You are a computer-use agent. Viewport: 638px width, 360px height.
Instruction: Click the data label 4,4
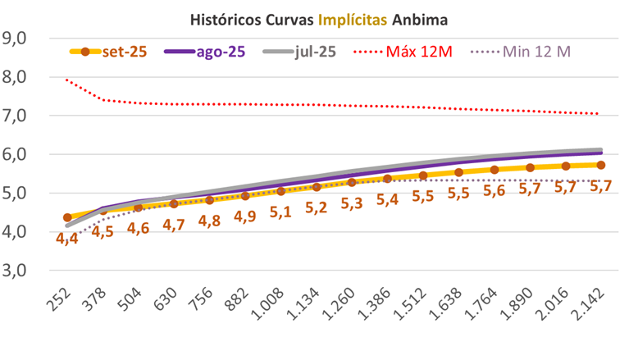coord(67,239)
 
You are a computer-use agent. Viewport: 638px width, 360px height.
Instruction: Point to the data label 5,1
coord(281,212)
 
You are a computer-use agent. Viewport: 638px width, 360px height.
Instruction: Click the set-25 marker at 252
coord(67,217)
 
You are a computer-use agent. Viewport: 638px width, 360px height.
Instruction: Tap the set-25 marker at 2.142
coord(601,165)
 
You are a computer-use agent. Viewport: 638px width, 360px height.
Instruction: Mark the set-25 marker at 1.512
coord(423,175)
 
